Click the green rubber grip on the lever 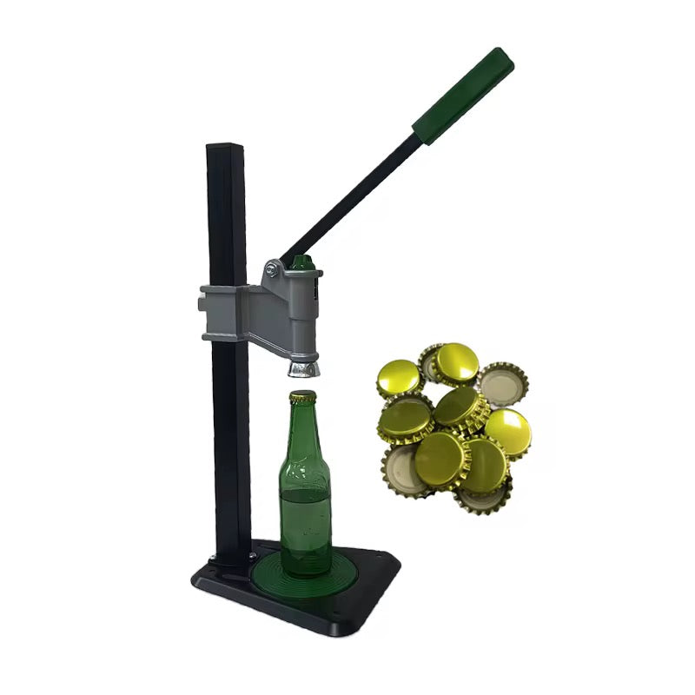point(463,96)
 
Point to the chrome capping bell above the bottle point(302,368)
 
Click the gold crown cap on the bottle point(302,397)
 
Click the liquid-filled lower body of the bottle point(304,530)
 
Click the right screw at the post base point(253,554)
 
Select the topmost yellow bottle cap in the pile point(455,361)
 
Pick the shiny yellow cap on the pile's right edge point(507,432)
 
